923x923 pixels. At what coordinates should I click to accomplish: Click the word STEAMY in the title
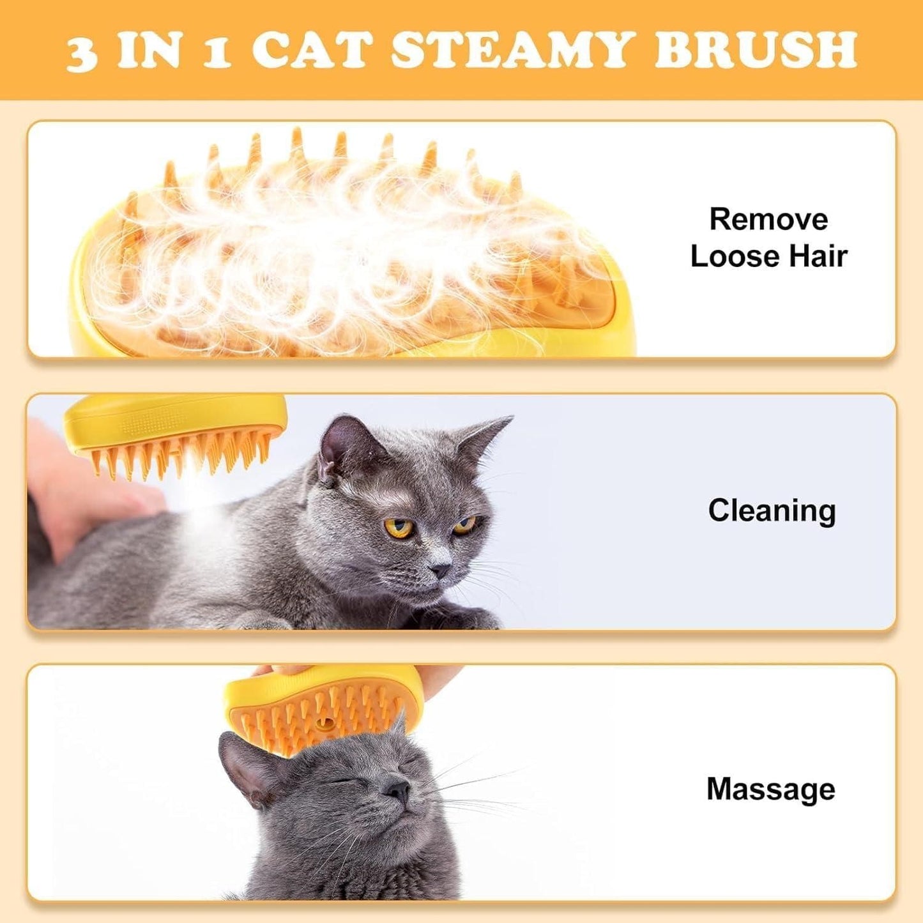512,50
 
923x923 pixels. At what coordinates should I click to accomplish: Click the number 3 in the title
81,52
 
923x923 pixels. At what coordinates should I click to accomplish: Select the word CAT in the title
312,50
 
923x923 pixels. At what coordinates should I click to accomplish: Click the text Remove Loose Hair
768,238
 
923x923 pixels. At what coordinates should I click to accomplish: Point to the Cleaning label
772,510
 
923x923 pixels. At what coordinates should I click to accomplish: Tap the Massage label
770,789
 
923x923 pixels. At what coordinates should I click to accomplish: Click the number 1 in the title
217,52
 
